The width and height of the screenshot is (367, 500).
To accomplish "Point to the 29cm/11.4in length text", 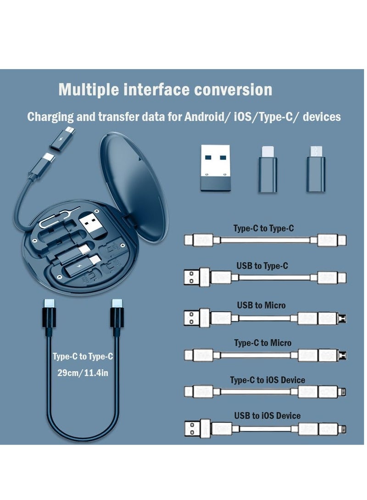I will click(81, 373).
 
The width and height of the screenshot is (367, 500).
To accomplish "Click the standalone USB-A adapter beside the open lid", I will click(213, 168).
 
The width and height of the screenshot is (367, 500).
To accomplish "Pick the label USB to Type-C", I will click(262, 266).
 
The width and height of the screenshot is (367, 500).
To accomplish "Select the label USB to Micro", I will click(261, 305).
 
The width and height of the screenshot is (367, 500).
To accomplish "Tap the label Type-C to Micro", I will click(262, 343).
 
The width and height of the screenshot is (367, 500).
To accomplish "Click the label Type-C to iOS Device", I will click(267, 380).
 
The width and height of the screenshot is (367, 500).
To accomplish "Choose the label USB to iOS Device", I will click(267, 416).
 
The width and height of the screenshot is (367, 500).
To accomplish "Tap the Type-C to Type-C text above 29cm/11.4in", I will click(83, 357).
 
